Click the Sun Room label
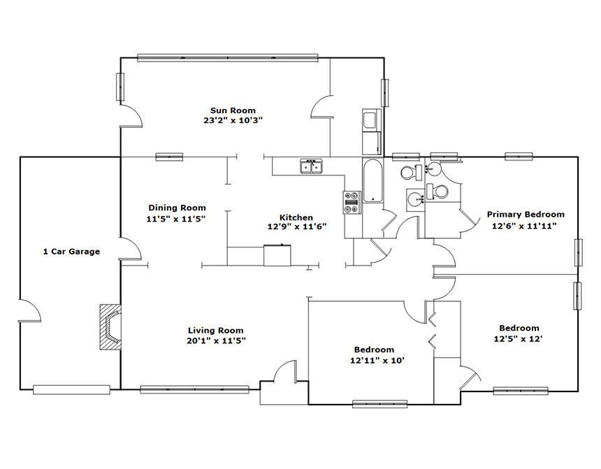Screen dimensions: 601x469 tap(233, 110)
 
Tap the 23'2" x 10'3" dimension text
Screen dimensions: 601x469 tap(233, 120)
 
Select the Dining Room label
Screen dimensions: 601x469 tap(177, 208)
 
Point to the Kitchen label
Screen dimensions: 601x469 tap(296, 217)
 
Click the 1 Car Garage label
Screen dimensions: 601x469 tap(71, 252)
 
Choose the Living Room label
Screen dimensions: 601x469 tap(215, 330)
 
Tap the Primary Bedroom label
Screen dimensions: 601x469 tap(526, 215)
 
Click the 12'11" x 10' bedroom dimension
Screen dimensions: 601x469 tap(377, 361)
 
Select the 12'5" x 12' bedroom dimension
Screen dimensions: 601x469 tap(519, 338)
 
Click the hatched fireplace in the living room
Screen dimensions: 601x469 tap(110, 326)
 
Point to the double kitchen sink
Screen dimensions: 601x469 tap(311, 166)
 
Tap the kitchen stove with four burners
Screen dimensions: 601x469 tap(352, 203)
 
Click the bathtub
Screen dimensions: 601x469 tap(372, 180)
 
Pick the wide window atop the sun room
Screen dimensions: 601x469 tap(228, 58)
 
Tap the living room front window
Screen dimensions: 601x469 tap(195, 389)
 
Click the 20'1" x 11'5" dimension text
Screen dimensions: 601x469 tap(216, 340)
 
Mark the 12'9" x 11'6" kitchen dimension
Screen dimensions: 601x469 tap(297, 226)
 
